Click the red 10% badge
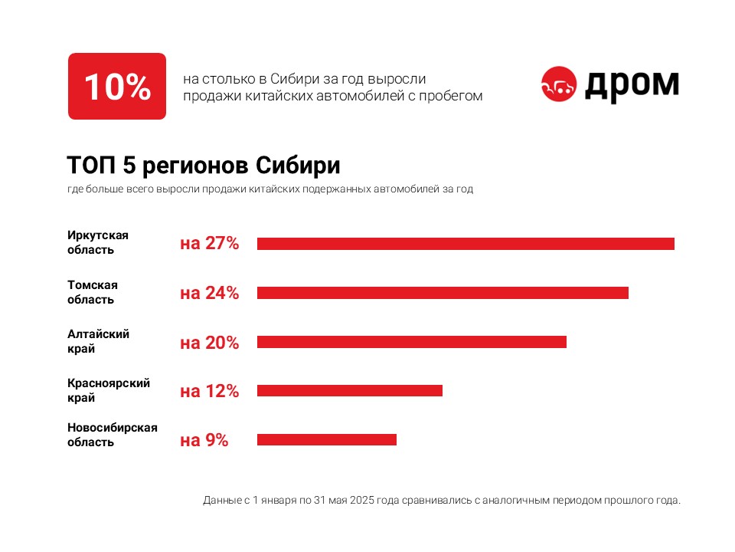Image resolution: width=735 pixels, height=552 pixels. (x=117, y=86)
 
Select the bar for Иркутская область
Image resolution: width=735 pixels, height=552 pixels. (x=465, y=244)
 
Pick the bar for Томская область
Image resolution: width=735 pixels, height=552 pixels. (x=443, y=293)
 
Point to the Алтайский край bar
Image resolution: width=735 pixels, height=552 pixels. (x=412, y=342)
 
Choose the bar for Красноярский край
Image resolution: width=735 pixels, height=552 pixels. (x=350, y=391)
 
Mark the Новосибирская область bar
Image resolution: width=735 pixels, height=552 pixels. (x=327, y=440)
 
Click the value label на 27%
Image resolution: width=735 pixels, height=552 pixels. (x=210, y=244)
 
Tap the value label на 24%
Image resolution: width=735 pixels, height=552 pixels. (x=210, y=293)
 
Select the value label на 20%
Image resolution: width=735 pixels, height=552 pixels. (x=210, y=342)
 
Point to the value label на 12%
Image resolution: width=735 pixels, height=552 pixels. (x=210, y=391)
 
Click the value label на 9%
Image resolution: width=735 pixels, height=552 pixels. (x=204, y=440)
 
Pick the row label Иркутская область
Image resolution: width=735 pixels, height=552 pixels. (x=98, y=242)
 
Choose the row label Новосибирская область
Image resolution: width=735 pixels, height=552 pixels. (x=113, y=435)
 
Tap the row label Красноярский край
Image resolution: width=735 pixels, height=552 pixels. (x=109, y=390)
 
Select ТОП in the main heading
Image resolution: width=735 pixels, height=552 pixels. (x=87, y=166)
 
